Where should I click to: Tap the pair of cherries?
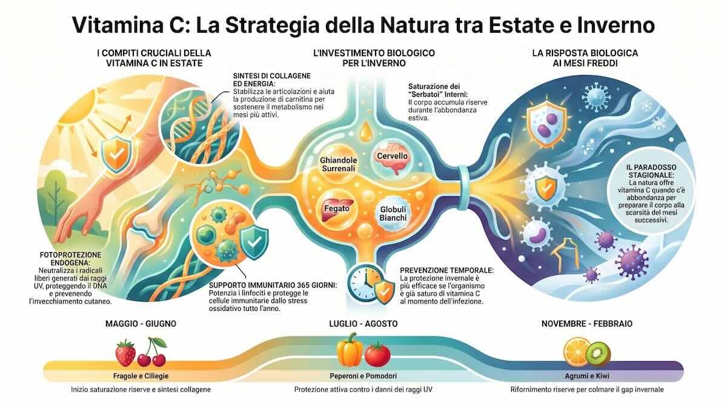(x=151, y=353)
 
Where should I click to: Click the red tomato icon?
(x=377, y=353)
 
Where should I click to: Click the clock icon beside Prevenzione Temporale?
(x=362, y=282)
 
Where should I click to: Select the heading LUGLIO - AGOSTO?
(x=363, y=324)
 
